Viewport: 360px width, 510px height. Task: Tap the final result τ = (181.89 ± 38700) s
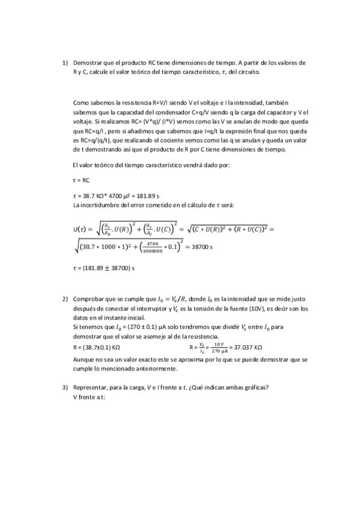[x=102, y=267]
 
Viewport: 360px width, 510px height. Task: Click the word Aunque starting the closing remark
[x=83, y=359]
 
